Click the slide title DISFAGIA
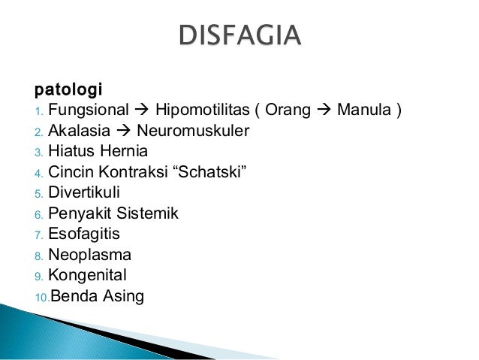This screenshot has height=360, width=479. pyautogui.click(x=239, y=35)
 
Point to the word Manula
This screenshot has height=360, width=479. pyautogui.click(x=363, y=112)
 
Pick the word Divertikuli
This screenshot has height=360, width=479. pyautogui.click(x=84, y=193)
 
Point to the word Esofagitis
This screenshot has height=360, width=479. pyautogui.click(x=84, y=234)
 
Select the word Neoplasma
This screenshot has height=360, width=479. pyautogui.click(x=89, y=255)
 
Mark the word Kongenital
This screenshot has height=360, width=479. pyautogui.click(x=88, y=275)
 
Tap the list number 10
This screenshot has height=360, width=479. pyautogui.click(x=41, y=298)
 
